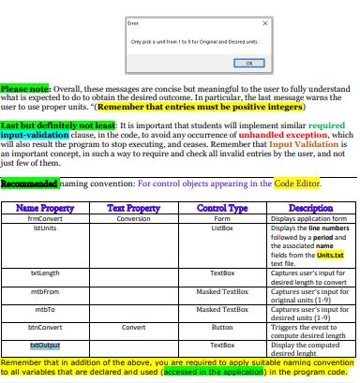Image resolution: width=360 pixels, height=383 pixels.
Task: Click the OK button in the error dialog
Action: click(248, 63)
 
